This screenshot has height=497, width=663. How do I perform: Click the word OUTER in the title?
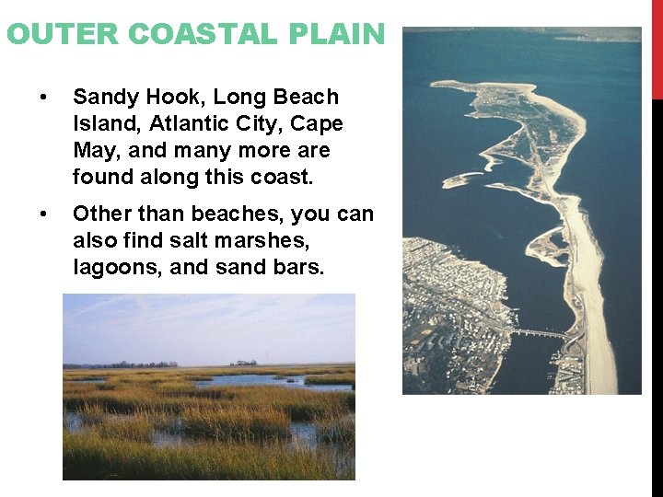(x=63, y=34)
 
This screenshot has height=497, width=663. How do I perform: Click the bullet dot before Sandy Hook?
(x=42, y=97)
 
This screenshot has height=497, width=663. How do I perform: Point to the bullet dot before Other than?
(x=42, y=214)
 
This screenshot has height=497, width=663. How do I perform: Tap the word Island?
(x=102, y=123)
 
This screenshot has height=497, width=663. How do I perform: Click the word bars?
(x=297, y=267)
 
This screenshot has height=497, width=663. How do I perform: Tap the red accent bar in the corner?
(x=657, y=50)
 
